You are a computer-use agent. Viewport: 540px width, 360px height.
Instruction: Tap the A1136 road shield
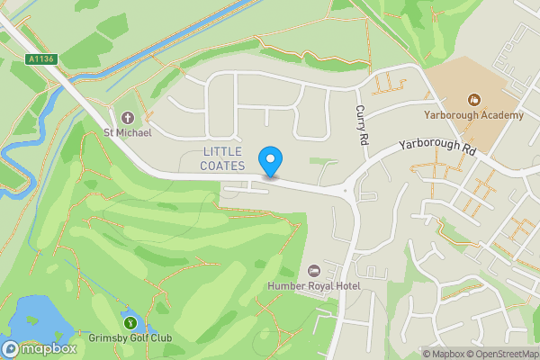[x=41, y=59]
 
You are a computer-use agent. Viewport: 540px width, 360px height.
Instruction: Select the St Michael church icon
[x=127, y=118]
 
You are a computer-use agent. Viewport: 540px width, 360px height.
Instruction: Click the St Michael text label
[x=127, y=133]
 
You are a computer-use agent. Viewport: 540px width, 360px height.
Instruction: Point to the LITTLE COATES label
[x=224, y=157]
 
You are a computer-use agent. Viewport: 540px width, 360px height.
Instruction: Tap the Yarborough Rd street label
[x=436, y=148]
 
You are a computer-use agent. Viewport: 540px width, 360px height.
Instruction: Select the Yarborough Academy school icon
[x=473, y=100]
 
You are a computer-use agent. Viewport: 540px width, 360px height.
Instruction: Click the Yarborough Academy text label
[x=473, y=115]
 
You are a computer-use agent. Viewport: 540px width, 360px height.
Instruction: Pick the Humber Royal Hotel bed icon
[x=313, y=271]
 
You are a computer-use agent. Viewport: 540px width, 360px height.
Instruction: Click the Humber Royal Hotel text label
[x=314, y=286]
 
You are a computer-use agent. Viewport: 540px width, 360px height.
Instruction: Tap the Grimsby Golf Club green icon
[x=130, y=322]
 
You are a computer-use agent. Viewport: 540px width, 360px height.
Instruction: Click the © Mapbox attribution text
[x=446, y=354]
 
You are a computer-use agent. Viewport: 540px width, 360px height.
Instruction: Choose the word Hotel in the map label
[x=344, y=286]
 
